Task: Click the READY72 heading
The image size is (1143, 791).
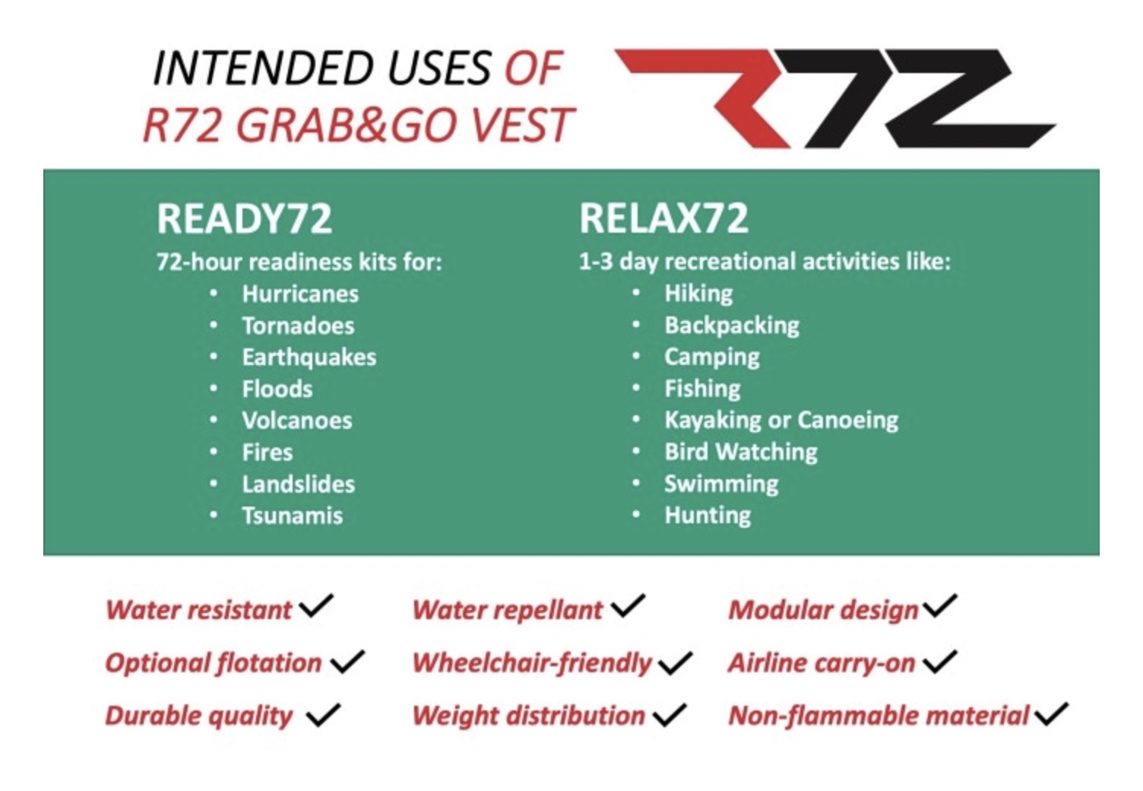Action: pos(245,218)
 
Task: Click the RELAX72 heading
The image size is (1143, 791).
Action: pos(664,218)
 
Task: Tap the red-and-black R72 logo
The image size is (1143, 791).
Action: pos(834,98)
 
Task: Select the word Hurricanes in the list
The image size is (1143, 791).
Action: pos(300,294)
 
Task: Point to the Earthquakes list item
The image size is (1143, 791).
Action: pos(309,357)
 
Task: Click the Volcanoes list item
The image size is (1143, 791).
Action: pos(297,421)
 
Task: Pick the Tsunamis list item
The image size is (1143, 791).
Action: pos(293,516)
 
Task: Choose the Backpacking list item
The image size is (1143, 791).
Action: pos(733,326)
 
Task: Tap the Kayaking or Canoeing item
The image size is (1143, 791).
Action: pos(781,421)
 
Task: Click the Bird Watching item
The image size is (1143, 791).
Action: pos(741,453)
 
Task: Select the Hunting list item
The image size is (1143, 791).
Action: pos(708,516)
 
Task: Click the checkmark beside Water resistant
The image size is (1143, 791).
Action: pos(316,606)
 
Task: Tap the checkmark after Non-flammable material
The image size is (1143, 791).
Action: pos(1051,714)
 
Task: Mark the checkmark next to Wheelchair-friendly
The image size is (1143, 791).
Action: pos(675,662)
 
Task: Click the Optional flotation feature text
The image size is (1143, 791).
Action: pos(214,663)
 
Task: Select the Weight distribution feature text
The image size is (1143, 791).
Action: pos(529,716)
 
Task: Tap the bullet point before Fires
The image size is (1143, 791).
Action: pos(214,452)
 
